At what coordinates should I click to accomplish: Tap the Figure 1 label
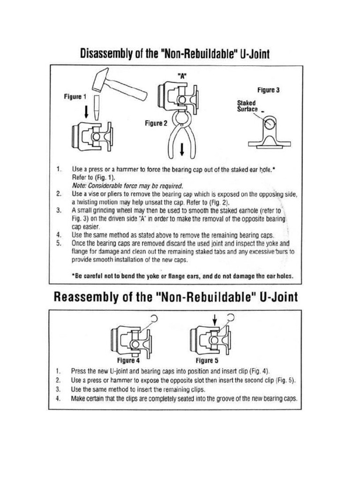(x=75, y=97)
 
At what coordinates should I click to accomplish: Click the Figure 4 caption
(x=128, y=361)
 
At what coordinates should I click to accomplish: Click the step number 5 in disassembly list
(x=58, y=243)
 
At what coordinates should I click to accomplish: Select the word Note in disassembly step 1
(x=79, y=185)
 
